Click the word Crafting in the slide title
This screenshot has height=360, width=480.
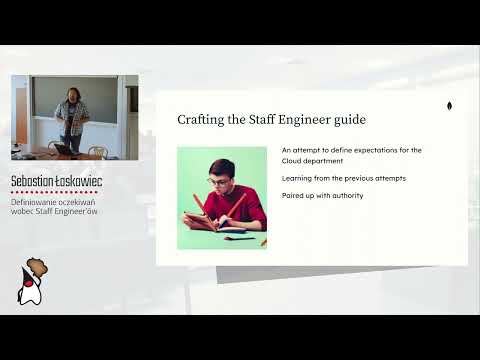pos(199,120)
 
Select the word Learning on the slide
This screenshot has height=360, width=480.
pos(300,178)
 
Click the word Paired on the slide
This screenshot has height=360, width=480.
pos(294,194)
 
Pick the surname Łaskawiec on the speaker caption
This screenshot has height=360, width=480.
pos(81,181)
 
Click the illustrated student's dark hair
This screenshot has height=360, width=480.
pos(221,165)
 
